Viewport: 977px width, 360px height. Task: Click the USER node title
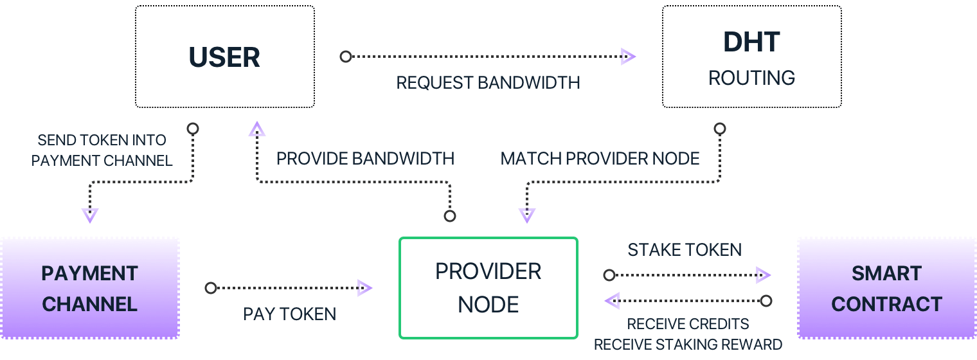click(x=224, y=58)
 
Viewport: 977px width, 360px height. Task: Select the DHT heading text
click(x=751, y=42)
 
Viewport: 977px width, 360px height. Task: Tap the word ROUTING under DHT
click(x=751, y=78)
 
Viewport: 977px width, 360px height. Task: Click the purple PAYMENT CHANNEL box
click(x=89, y=288)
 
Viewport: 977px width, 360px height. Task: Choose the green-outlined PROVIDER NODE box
click(x=488, y=287)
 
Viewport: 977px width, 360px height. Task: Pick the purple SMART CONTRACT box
click(x=886, y=288)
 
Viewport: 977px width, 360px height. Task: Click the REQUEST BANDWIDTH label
click(x=488, y=83)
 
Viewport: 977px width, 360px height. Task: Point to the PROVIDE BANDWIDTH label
click(x=365, y=159)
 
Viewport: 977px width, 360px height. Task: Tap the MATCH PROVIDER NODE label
click(x=600, y=159)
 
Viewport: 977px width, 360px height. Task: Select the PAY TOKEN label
click(x=289, y=314)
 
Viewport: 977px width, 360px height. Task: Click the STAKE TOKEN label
click(x=685, y=249)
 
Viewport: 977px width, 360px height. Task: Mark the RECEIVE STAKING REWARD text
click(x=688, y=345)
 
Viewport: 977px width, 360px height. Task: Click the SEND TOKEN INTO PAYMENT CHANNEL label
click(x=102, y=150)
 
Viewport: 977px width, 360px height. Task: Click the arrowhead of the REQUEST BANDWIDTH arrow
click(x=628, y=57)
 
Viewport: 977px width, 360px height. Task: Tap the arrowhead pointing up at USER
click(x=257, y=130)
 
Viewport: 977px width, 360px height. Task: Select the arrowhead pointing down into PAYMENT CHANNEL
click(x=90, y=215)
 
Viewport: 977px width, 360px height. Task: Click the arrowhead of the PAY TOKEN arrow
click(x=364, y=288)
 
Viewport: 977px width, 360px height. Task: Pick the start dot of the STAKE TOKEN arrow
click(x=609, y=275)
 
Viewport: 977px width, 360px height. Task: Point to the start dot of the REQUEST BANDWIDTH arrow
click(x=346, y=57)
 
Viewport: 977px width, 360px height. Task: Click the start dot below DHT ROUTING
click(x=720, y=129)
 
